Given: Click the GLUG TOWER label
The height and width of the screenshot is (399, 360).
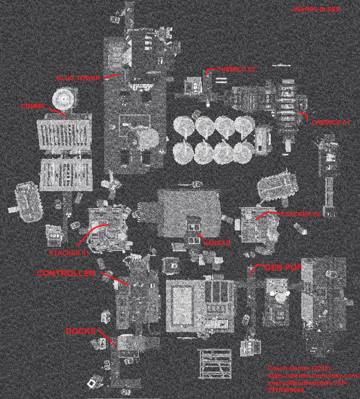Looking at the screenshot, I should click(x=78, y=78).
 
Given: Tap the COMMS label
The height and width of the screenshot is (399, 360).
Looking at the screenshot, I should click(x=33, y=106).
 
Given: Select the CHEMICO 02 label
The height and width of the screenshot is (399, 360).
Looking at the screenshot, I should click(x=236, y=69).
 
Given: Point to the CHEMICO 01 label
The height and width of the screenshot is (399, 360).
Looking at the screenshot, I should click(x=330, y=123).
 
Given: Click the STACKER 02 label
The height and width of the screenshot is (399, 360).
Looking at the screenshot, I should click(x=300, y=214).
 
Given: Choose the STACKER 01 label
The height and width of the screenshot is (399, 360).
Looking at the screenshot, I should click(x=69, y=253).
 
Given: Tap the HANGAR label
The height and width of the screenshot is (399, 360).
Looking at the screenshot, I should click(x=217, y=243).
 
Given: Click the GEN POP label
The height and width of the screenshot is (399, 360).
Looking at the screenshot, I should click(x=283, y=268).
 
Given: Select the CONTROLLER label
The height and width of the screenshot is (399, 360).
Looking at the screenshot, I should click(x=66, y=273).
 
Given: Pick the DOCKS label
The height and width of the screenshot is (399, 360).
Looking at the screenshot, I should click(x=81, y=331).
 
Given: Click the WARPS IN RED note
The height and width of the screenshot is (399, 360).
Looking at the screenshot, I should click(x=317, y=9).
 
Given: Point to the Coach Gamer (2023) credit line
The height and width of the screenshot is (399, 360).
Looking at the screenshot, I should click(x=299, y=369).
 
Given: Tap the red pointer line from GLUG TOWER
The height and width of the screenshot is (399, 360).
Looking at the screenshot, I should click(x=111, y=76).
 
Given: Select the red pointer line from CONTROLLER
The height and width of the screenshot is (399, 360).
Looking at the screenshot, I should click(x=115, y=278).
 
